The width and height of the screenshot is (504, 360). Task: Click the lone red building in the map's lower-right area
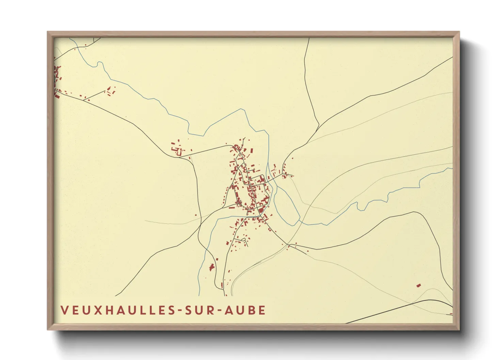point(419,285)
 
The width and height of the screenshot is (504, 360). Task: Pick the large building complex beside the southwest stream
point(212,267)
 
